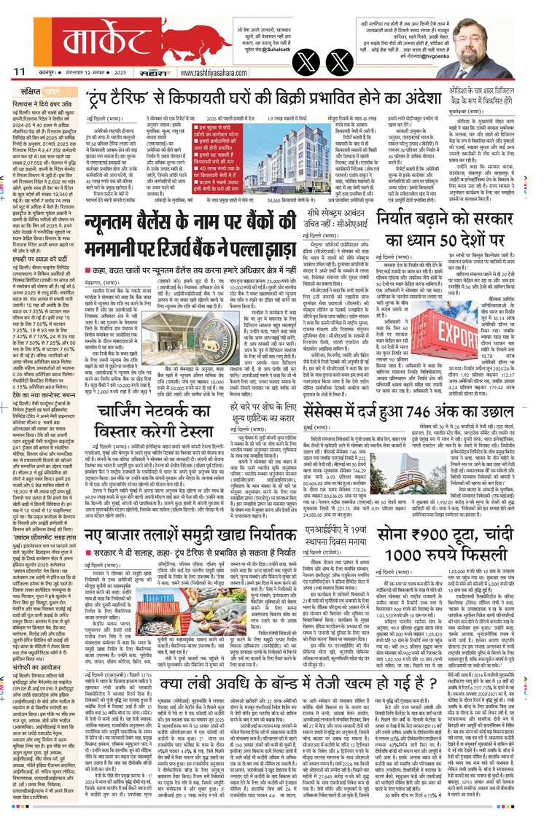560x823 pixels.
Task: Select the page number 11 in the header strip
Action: click(x=19, y=71)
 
